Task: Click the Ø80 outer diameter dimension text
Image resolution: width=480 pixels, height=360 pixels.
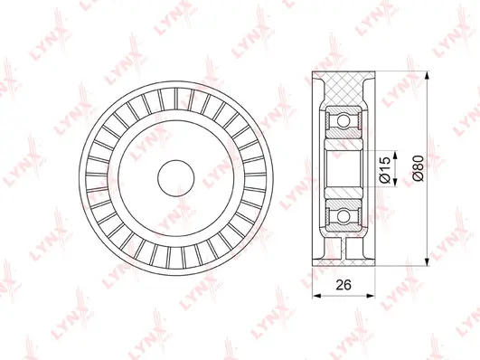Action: pyautogui.click(x=415, y=167)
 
